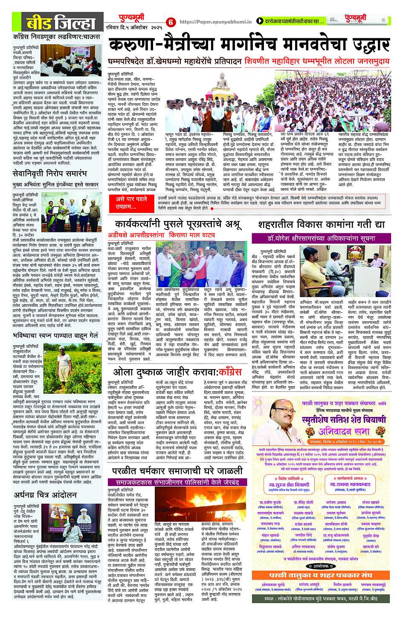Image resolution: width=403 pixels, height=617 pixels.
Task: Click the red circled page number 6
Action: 171,22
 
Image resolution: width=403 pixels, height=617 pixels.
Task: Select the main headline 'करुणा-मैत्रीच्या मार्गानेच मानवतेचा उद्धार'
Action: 249,45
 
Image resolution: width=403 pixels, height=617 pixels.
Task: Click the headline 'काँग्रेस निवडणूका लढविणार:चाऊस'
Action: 56,37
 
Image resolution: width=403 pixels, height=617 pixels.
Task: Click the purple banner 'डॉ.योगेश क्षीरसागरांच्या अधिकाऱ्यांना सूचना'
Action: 320,238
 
